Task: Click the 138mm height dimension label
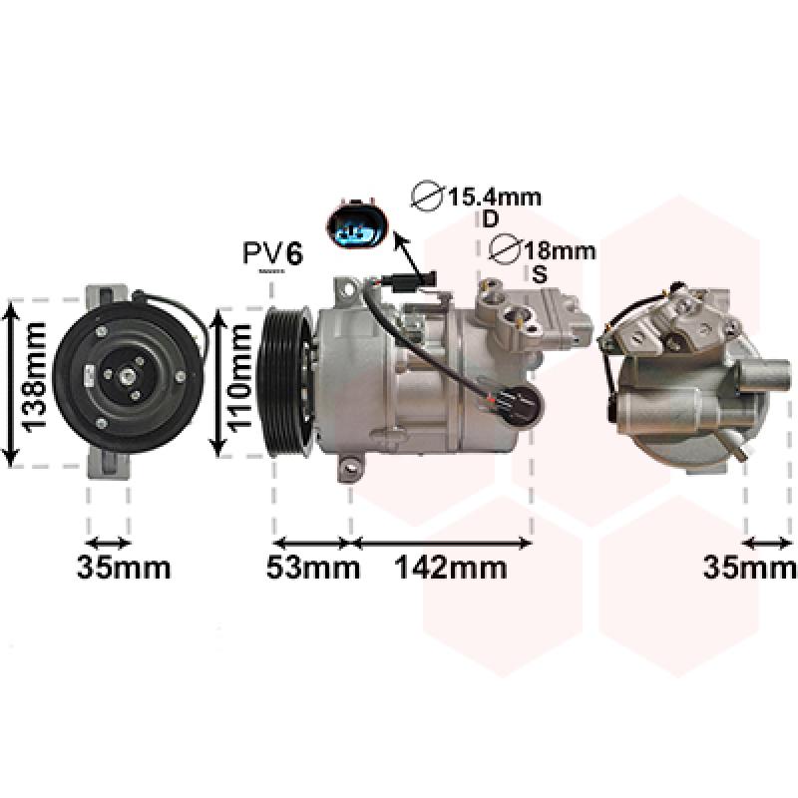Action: point(34,377)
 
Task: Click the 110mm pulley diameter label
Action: point(239,378)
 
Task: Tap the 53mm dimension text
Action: point(313,567)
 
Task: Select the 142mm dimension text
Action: point(451,567)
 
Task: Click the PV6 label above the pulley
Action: point(272,253)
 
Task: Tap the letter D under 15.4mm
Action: point(490,219)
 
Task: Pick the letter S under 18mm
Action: point(539,274)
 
